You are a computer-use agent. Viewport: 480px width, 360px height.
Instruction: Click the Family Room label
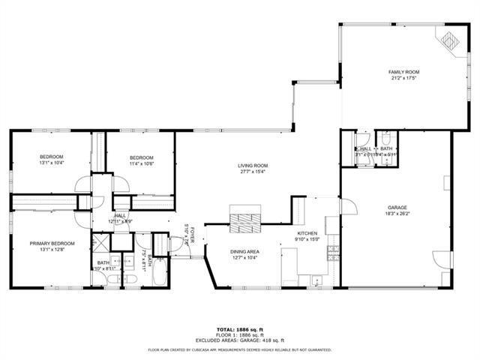tap(403, 72)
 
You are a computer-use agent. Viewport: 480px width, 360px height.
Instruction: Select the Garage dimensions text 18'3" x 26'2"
tap(397, 213)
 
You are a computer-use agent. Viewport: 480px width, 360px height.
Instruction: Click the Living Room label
tap(253, 166)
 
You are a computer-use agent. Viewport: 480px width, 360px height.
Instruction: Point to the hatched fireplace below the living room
tap(244, 221)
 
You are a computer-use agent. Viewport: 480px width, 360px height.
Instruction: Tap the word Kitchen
tap(307, 234)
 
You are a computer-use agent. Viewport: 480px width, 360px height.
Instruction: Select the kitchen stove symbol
tap(327, 256)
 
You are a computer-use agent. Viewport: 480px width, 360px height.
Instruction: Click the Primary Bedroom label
tap(52, 243)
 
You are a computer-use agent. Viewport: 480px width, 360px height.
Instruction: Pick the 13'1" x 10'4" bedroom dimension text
tap(52, 163)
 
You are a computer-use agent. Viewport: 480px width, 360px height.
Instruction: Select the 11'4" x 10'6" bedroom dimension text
tap(141, 163)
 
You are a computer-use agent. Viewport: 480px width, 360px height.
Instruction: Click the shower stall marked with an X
tap(100, 244)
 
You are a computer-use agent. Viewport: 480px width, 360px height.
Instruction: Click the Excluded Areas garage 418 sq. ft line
tap(239, 341)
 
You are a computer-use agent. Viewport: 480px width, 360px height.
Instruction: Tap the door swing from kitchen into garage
tap(347, 205)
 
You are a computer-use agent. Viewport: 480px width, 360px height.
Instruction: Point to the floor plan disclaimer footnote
tap(239, 349)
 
